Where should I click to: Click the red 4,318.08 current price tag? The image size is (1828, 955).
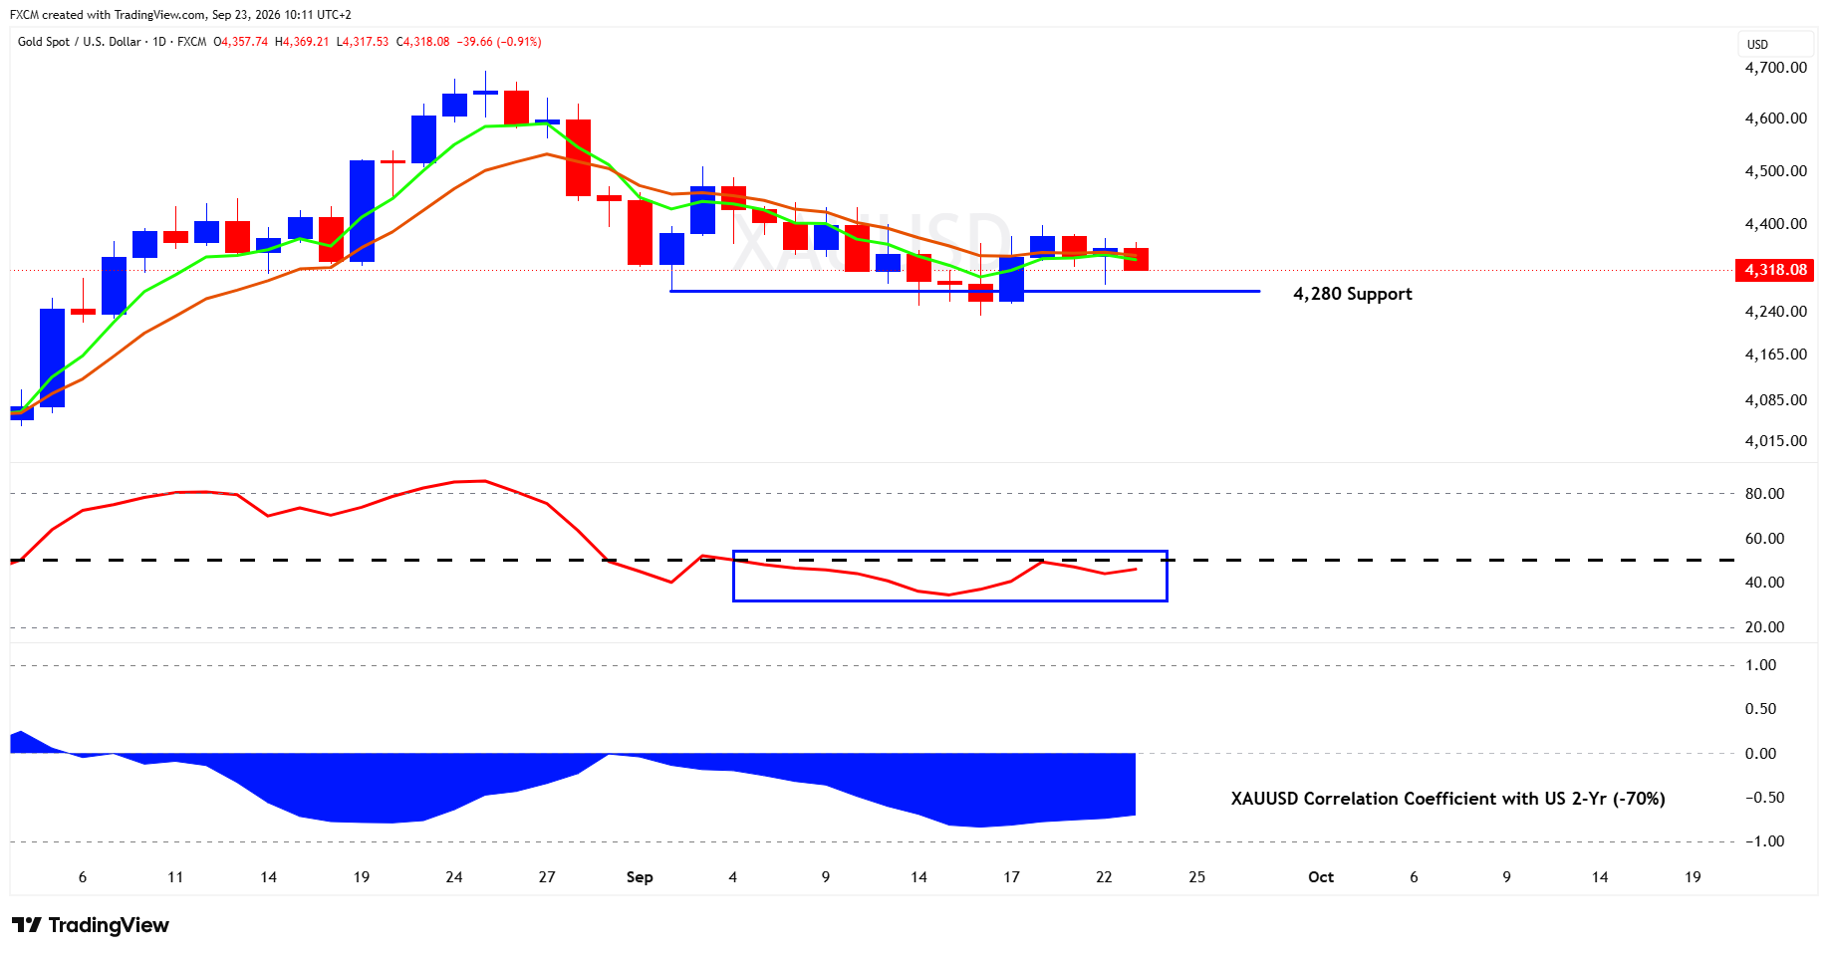point(1774,270)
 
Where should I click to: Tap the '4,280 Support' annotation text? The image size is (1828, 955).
point(1352,294)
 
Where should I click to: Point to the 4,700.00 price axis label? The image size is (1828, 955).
point(1775,68)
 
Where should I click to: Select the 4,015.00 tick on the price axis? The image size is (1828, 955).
point(1775,440)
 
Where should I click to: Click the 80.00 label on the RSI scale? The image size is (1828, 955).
point(1764,493)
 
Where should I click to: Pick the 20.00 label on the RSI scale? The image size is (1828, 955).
point(1764,626)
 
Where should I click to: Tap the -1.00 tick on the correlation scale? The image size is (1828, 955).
point(1764,840)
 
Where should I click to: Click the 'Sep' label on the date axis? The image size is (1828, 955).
point(640,877)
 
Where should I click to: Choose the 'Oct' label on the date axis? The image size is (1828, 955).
point(1321,877)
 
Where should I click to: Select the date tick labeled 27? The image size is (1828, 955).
point(547,877)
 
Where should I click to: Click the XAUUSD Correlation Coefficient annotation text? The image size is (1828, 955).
point(1447,799)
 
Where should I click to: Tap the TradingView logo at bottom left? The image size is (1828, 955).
point(91,925)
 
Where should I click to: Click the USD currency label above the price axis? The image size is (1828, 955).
point(1757,45)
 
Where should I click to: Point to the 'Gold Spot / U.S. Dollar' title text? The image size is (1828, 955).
point(80,42)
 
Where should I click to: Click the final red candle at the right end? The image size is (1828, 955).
point(1136,259)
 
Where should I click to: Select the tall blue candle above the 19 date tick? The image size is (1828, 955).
point(362,211)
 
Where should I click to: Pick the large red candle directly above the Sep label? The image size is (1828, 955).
point(640,232)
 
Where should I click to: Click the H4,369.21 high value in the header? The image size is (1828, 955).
point(302,42)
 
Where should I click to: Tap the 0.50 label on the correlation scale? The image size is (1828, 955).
point(1761,709)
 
